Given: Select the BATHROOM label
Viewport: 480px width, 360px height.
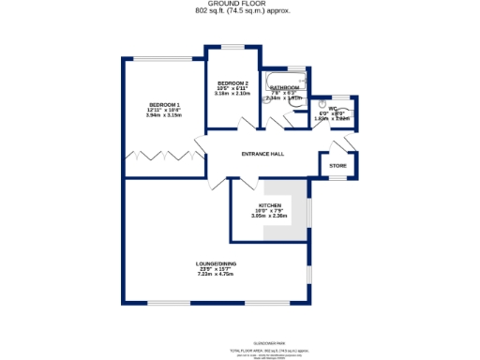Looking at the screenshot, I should click(x=284, y=87).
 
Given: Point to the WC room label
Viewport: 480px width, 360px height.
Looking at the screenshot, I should click(x=333, y=109).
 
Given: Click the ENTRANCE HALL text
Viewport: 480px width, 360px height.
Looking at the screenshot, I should click(x=262, y=155).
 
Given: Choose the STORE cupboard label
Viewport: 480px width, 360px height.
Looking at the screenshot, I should click(x=337, y=166).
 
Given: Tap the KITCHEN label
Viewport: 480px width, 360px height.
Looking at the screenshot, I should click(x=271, y=205).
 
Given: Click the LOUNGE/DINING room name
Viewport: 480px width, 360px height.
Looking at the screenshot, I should click(x=215, y=263).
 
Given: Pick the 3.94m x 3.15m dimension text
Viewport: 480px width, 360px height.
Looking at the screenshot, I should click(x=163, y=115).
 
